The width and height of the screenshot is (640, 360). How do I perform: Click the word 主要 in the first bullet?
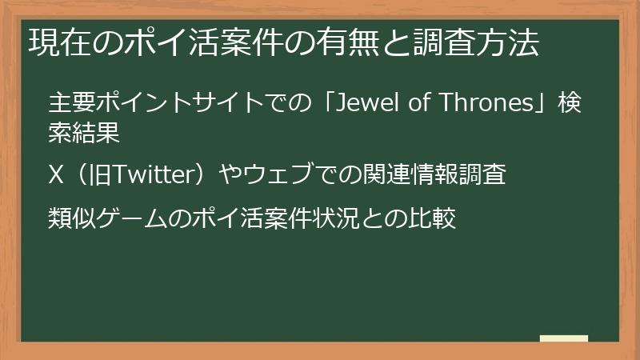pos(62,104)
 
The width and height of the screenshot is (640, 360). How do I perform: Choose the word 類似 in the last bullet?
pos(62,218)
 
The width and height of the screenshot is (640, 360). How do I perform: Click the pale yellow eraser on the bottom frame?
pos(564,339)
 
